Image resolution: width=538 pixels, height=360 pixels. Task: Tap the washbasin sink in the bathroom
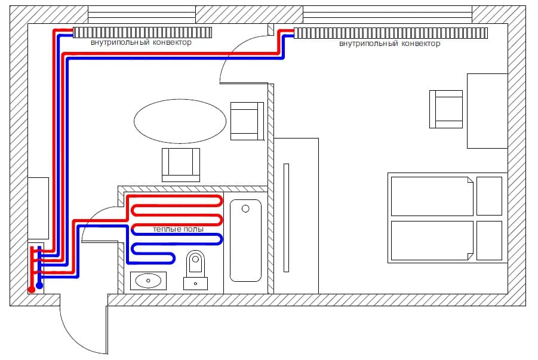pyautogui.click(x=147, y=280)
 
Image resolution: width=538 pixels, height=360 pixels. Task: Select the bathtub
pyautogui.click(x=245, y=240)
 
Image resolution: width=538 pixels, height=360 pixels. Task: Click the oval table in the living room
pyautogui.click(x=180, y=121)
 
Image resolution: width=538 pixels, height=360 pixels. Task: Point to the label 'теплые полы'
pyautogui.click(x=178, y=229)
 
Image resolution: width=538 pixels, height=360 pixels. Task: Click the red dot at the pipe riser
pyautogui.click(x=31, y=289)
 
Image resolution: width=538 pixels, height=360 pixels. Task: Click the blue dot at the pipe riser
pyautogui.click(x=40, y=286)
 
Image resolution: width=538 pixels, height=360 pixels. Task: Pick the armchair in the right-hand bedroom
pyautogui.click(x=446, y=109)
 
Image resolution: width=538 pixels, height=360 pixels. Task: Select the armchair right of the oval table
pyautogui.click(x=247, y=121)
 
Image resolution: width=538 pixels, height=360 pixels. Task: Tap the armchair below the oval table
pyautogui.click(x=181, y=164)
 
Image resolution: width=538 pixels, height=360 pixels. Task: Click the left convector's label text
pyautogui.click(x=142, y=43)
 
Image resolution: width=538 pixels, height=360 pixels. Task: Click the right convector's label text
pyautogui.click(x=390, y=44)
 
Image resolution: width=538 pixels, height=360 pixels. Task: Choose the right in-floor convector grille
pyautogui.click(x=392, y=33)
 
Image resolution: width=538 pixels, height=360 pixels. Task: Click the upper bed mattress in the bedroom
pyautogui.click(x=432, y=196)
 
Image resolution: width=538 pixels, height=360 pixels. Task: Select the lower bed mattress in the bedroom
pyautogui.click(x=432, y=240)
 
